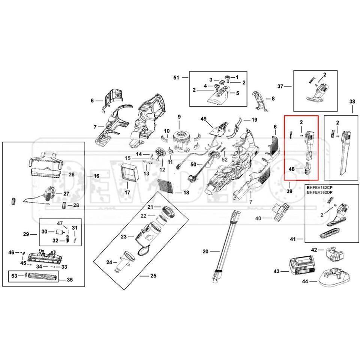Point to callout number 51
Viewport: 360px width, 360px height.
click(x=177, y=78)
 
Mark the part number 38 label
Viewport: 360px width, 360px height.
click(x=352, y=101)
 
